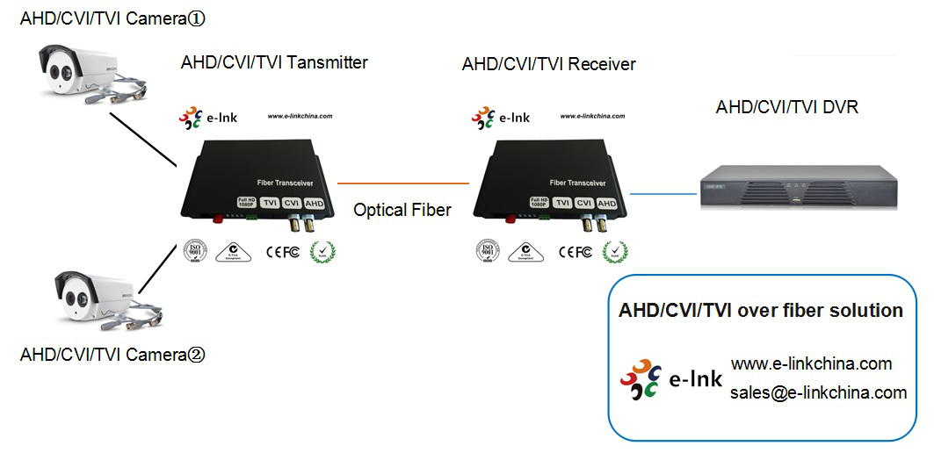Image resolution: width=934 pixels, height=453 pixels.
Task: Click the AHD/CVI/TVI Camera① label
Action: (x=117, y=18)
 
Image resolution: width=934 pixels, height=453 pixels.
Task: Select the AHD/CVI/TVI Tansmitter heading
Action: (x=274, y=62)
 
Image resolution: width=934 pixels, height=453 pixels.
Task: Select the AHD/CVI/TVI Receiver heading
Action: (x=548, y=64)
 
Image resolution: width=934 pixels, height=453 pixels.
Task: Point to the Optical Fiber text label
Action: (x=402, y=210)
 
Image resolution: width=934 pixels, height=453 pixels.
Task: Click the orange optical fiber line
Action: (x=403, y=183)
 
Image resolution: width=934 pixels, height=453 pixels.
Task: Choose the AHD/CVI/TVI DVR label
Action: (x=786, y=108)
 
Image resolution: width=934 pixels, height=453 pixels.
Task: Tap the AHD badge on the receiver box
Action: (x=606, y=203)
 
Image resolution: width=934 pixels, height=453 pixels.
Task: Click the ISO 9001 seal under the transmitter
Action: (x=193, y=251)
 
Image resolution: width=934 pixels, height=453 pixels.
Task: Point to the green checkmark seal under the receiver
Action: (x=620, y=252)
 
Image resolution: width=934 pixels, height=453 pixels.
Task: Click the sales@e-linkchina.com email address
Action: (x=818, y=392)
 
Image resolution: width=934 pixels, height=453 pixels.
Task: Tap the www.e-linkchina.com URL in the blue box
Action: (x=811, y=363)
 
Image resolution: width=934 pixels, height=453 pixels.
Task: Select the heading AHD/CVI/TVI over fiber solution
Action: (x=760, y=311)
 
